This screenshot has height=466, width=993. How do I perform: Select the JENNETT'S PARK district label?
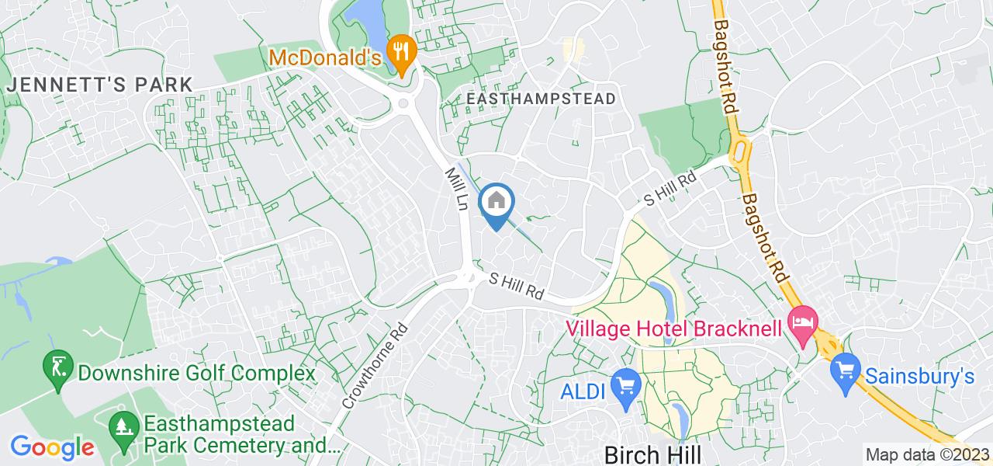click(x=99, y=85)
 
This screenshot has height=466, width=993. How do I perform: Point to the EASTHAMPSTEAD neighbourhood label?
click(x=542, y=99)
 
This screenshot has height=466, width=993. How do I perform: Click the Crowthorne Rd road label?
click(x=373, y=366)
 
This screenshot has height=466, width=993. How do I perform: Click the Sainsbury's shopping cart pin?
click(x=844, y=367)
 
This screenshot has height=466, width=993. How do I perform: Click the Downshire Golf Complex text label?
click(x=196, y=373)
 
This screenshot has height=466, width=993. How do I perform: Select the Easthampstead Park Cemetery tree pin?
click(x=122, y=425)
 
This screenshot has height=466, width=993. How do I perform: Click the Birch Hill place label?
click(x=652, y=453)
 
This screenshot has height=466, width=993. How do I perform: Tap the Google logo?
click(x=52, y=447)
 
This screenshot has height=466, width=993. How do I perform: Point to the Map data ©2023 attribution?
click(x=928, y=455)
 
